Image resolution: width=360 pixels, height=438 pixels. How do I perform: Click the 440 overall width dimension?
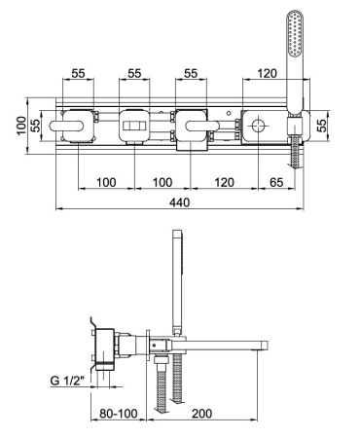179,202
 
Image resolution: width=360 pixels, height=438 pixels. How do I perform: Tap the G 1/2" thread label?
67,380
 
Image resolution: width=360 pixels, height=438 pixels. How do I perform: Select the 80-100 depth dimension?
119,414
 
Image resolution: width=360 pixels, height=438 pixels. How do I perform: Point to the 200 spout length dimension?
201,414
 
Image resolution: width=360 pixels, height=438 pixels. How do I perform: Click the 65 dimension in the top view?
276,182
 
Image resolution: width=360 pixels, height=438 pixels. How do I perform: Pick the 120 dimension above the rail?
267,73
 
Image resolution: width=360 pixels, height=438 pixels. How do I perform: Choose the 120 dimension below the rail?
224,182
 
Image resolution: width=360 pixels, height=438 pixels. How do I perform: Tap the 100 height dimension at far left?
21,126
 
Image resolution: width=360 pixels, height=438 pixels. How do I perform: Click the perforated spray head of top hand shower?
295,34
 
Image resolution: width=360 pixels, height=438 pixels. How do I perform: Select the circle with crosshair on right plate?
258,126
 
